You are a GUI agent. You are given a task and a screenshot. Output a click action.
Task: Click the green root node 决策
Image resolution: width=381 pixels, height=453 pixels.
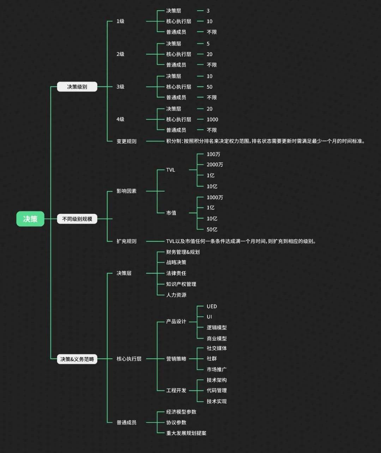click(x=30, y=219)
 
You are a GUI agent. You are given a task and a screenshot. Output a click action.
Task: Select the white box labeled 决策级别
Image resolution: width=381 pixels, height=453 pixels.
click(x=77, y=87)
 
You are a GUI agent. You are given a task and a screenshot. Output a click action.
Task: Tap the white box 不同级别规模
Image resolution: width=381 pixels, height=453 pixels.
click(x=77, y=219)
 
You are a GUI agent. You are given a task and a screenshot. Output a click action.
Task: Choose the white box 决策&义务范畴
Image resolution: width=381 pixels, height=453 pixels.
click(x=77, y=359)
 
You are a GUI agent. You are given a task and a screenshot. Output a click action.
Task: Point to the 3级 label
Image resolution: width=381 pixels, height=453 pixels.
click(x=120, y=87)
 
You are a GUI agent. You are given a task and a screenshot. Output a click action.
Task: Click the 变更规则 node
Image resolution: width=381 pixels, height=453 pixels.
click(x=126, y=141)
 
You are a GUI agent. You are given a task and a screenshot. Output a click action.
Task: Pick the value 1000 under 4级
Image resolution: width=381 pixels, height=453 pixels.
click(x=212, y=119)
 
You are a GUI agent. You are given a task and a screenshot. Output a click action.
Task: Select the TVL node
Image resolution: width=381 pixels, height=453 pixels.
click(x=170, y=170)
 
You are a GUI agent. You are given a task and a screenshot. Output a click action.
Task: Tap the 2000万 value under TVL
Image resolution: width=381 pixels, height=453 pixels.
click(x=214, y=165)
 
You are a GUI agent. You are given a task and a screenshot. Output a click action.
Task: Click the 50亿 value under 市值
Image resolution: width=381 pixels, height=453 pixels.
click(x=212, y=229)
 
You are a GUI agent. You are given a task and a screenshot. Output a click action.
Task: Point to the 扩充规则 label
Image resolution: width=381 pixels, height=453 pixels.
click(x=126, y=241)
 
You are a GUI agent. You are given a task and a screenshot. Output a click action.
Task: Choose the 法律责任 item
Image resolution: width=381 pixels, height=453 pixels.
click(x=176, y=273)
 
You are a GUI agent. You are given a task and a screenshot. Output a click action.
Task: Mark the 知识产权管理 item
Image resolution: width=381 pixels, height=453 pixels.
click(x=181, y=284)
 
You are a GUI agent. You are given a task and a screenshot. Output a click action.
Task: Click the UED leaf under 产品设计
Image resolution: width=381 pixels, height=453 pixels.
click(x=212, y=306)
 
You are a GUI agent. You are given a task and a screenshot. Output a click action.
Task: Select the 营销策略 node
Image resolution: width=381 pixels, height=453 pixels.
click(x=176, y=359)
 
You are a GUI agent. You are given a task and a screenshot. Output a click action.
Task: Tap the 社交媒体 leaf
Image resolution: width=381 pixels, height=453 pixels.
click(x=217, y=348)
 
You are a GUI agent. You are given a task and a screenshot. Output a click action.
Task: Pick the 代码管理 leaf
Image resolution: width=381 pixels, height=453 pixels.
click(x=217, y=390)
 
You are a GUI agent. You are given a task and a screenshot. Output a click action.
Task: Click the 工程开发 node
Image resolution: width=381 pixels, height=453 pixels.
click(x=176, y=390)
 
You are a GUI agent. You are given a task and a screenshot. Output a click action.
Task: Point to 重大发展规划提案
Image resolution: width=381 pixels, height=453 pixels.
click(x=186, y=433)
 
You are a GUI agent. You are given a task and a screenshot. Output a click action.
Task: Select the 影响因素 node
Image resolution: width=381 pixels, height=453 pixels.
click(x=126, y=191)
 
